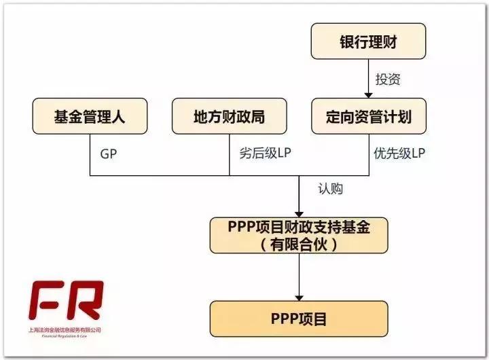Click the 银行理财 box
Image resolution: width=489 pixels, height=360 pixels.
coord(368,41)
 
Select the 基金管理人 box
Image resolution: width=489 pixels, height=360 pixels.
coord(90,116)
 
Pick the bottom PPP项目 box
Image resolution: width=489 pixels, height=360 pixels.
coord(299,318)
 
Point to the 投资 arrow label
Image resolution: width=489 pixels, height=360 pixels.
coord(388,79)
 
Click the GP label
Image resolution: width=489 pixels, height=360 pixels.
coord(109,154)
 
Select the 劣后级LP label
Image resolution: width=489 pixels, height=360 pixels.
coord(265,154)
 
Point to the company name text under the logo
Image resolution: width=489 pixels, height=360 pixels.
coord(65,330)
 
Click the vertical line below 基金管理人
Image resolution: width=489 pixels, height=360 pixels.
coord(91,155)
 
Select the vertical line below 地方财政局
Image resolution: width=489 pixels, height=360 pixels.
coord(229,155)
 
